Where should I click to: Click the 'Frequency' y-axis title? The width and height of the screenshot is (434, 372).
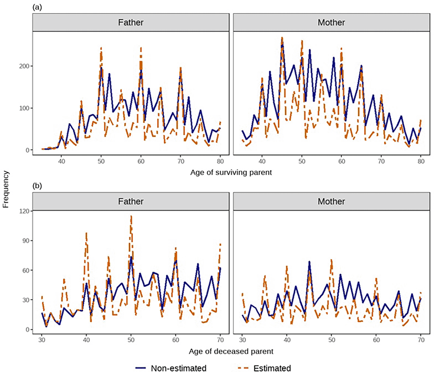pos(6,189)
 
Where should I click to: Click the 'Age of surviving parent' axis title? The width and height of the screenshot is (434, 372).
pos(231,172)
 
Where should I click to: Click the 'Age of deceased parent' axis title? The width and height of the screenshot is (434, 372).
pos(231,351)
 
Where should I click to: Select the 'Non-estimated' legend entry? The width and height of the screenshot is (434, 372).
pos(178,368)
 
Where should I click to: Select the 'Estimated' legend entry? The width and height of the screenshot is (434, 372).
pos(272,368)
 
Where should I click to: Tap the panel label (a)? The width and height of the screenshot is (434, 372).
pos(37,7)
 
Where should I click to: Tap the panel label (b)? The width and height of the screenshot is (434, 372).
pos(37,186)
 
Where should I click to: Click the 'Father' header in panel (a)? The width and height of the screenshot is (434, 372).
pos(130,22)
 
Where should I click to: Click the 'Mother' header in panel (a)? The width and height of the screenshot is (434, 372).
pos(331,22)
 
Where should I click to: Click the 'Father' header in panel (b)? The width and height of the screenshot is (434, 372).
pos(130,201)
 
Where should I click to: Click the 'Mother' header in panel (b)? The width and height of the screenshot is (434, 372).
pos(331,201)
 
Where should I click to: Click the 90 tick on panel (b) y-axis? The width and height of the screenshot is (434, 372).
pos(25,241)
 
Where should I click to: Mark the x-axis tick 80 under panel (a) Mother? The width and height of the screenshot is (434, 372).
pos(421,161)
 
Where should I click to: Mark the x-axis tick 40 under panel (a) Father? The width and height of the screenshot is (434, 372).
pos(61,161)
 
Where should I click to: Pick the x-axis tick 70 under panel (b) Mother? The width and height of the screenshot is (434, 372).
pos(421,340)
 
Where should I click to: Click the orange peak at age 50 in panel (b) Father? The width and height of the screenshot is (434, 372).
pos(131,217)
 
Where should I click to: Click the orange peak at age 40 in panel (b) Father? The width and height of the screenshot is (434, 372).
pos(86,234)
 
